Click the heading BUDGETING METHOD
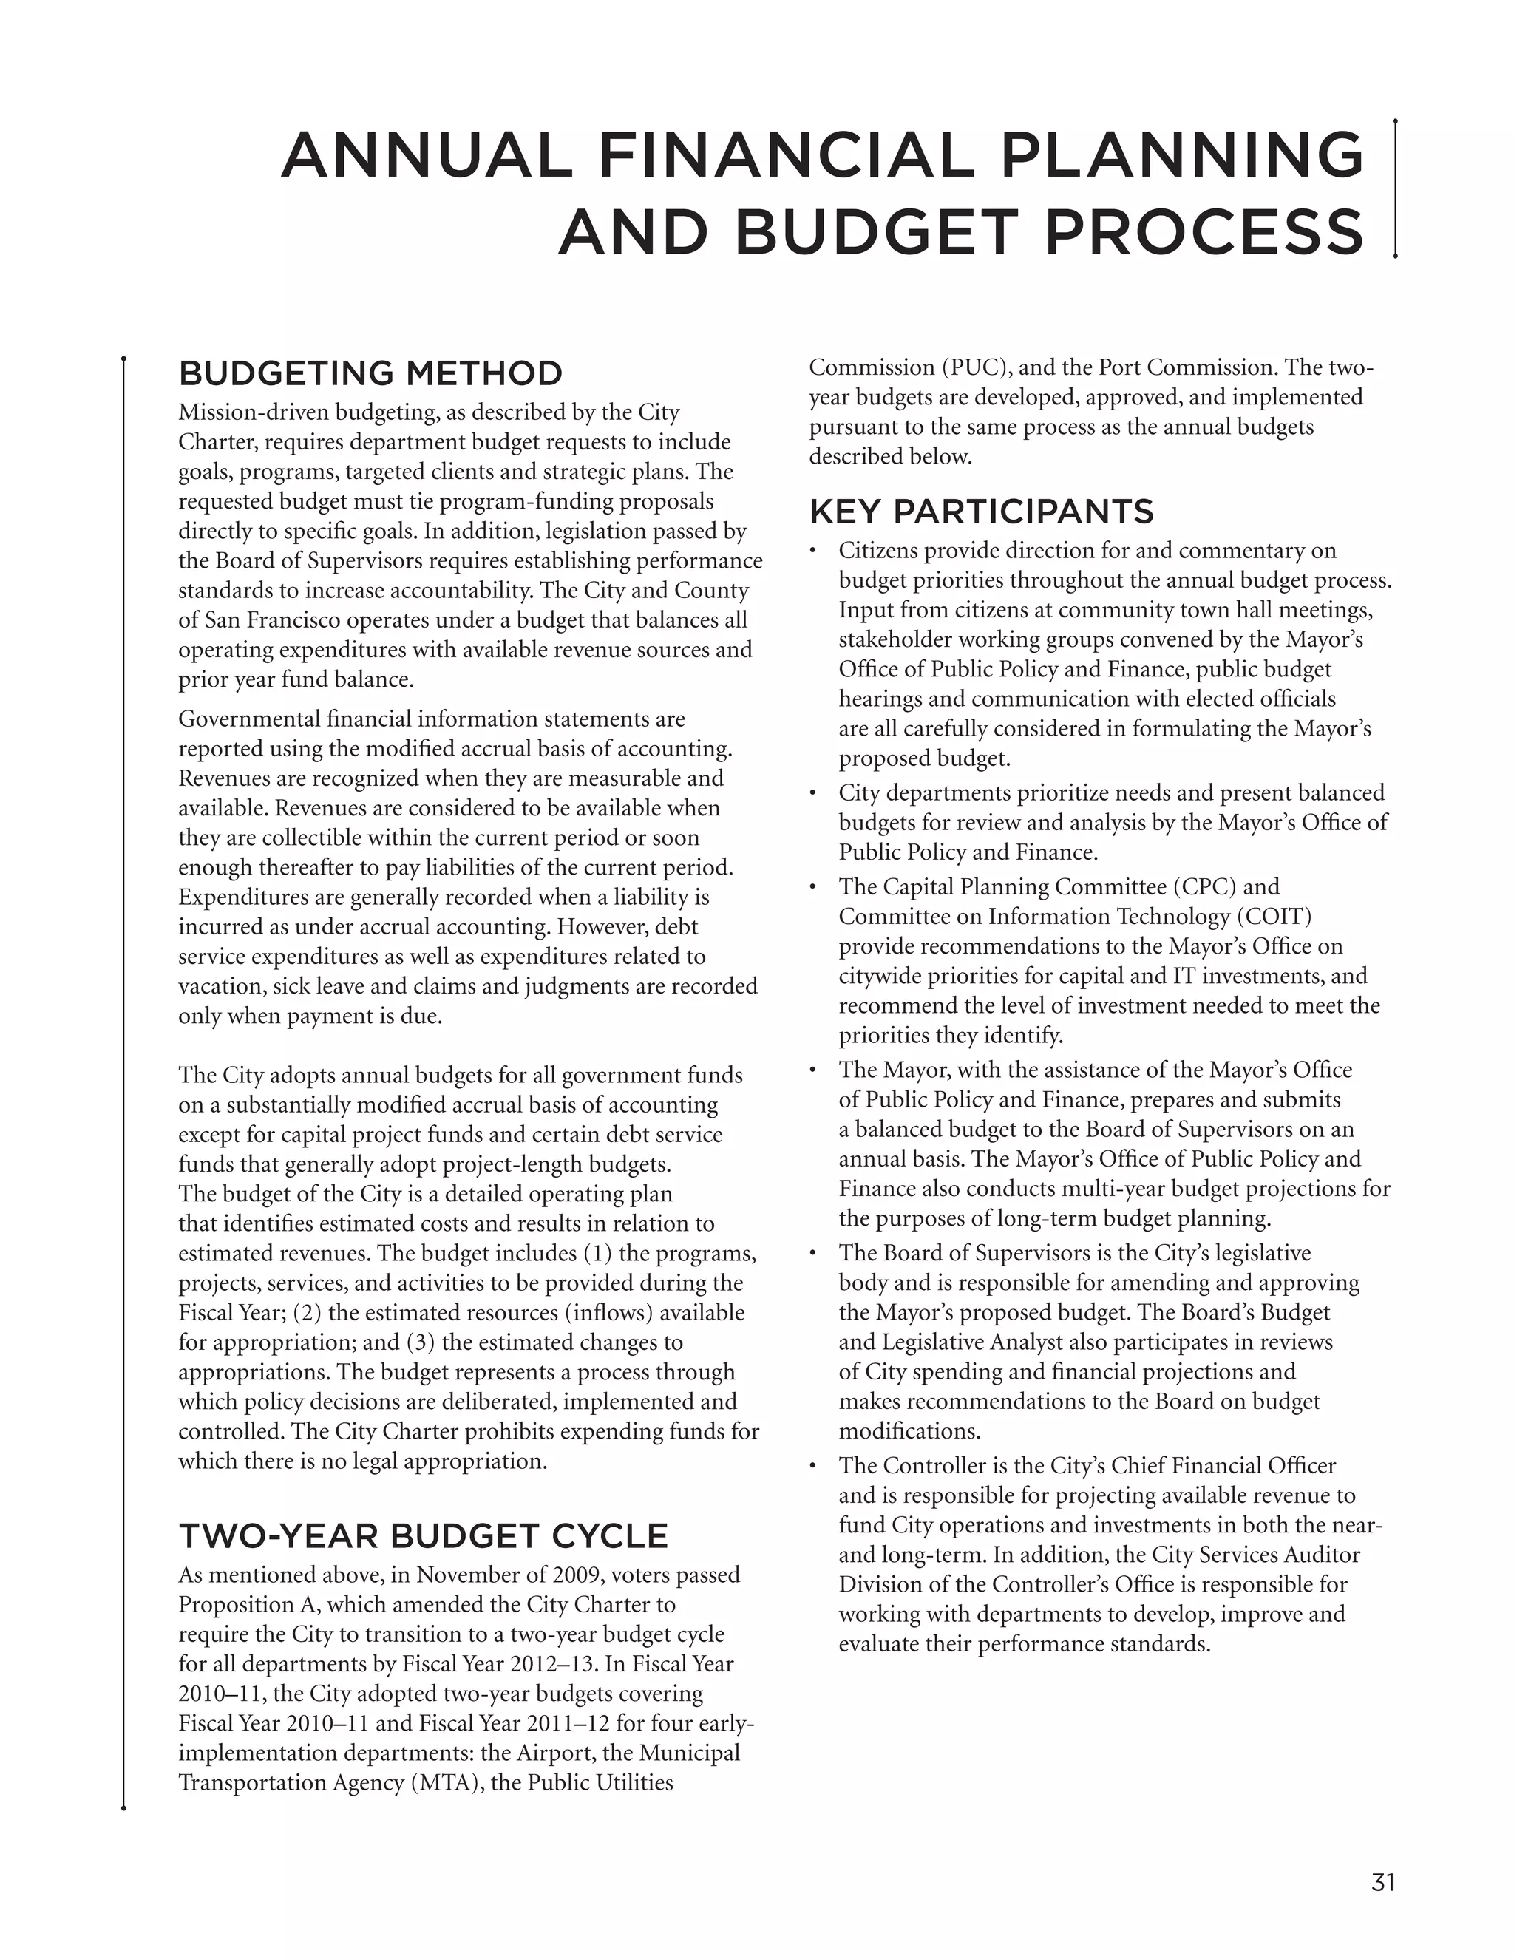370,373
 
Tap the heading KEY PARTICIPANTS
981,512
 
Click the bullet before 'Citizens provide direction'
812,551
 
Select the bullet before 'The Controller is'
812,1467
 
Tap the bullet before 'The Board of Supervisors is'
812,1254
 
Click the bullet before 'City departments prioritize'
812,794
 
